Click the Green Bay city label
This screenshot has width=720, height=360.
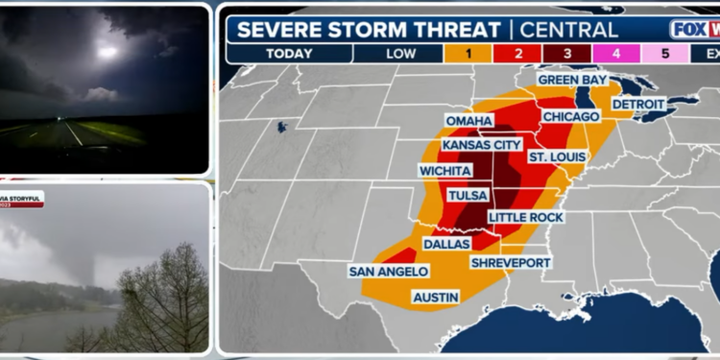pyautogui.click(x=573, y=81)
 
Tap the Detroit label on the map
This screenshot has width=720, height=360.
pyautogui.click(x=638, y=104)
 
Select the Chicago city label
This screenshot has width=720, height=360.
pyautogui.click(x=570, y=116)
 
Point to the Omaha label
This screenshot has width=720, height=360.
pyautogui.click(x=468, y=121)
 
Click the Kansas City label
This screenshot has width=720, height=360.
pyautogui.click(x=480, y=145)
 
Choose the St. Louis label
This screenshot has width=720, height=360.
pyautogui.click(x=552, y=156)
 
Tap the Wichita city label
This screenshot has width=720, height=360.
pyautogui.click(x=444, y=170)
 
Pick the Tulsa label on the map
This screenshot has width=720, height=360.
pyautogui.click(x=468, y=195)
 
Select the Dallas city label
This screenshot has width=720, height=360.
pyautogui.click(x=445, y=244)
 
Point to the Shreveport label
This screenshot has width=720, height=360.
pyautogui.click(x=511, y=262)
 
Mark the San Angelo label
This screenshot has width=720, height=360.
pyautogui.click(x=381, y=271)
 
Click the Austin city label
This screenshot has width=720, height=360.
pyautogui.click(x=435, y=298)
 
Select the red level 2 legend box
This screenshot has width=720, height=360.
pyautogui.click(x=518, y=54)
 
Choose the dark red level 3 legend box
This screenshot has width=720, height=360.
pyautogui.click(x=566, y=54)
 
